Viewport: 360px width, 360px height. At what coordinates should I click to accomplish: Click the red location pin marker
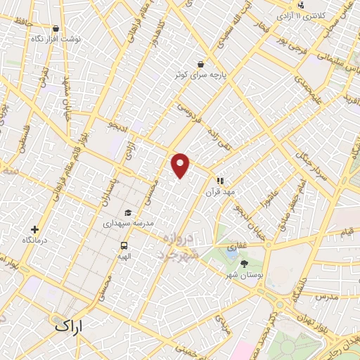click(181, 165)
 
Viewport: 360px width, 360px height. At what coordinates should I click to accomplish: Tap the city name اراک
click(67, 326)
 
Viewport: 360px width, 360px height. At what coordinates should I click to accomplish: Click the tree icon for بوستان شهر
click(244, 264)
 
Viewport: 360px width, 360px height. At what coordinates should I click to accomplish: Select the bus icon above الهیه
click(124, 246)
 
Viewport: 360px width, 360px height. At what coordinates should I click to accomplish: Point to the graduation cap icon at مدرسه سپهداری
click(127, 213)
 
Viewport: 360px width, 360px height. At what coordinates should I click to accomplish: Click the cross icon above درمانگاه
click(34, 229)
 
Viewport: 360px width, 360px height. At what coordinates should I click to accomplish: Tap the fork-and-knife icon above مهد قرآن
click(219, 180)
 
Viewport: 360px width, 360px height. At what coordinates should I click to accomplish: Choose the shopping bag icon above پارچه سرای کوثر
click(202, 63)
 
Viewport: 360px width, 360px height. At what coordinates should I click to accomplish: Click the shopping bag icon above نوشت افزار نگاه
click(56, 29)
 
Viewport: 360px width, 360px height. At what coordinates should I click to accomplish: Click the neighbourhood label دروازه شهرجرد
click(183, 246)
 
